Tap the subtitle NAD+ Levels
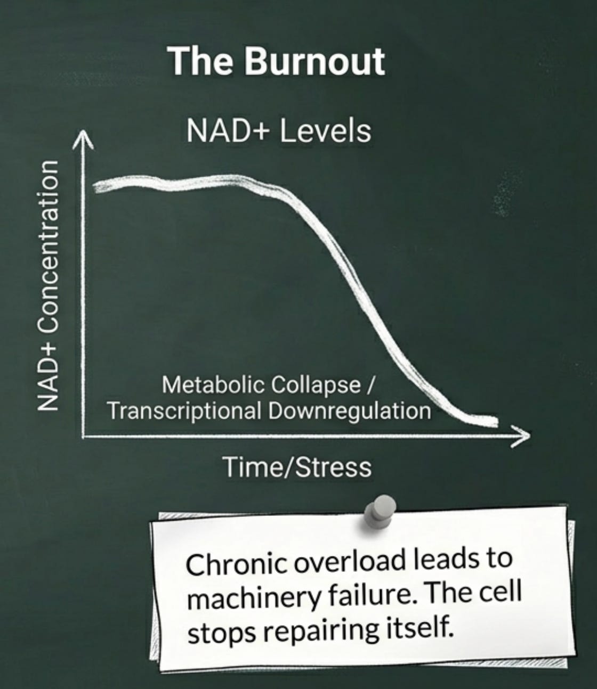point(279,130)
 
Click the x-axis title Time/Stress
point(297,467)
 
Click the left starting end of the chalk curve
point(96,187)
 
